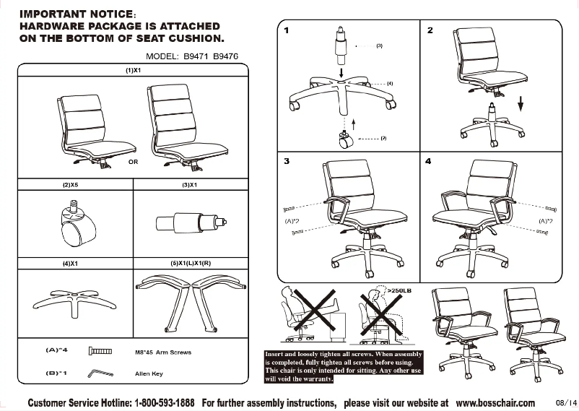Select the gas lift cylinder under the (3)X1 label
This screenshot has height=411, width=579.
click(191, 222)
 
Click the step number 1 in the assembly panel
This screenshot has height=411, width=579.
click(287, 30)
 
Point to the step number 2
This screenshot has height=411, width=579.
click(430, 30)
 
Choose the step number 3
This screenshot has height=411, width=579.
click(287, 160)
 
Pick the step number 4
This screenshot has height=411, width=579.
click(430, 160)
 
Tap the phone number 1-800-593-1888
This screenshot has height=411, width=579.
click(165, 402)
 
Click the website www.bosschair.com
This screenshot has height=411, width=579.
click(495, 402)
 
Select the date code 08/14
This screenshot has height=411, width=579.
click(566, 402)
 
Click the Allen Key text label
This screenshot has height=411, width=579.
click(149, 374)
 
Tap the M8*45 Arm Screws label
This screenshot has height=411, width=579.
click(163, 352)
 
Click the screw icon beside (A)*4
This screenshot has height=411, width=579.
click(100, 352)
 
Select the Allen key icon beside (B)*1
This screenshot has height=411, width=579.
click(97, 374)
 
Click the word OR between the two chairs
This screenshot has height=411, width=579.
click(133, 163)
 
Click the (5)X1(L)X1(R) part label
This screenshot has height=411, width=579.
click(191, 264)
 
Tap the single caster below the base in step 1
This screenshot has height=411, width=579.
click(344, 140)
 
